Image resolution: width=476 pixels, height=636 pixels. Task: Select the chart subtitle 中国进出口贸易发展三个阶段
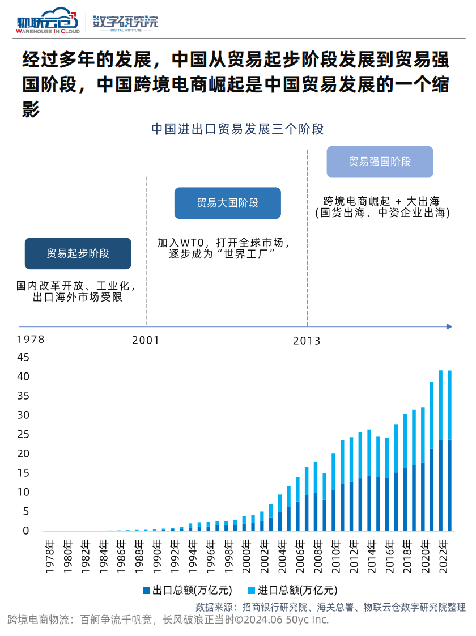237,129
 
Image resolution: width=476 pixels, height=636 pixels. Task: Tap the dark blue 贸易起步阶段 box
78,253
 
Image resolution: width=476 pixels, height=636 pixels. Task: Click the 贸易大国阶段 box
228,203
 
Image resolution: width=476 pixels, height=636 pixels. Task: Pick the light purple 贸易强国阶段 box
380,162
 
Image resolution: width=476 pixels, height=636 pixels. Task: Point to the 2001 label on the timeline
146,341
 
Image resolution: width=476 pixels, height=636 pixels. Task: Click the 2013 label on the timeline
307,341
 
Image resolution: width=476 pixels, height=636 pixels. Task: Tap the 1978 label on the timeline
31,340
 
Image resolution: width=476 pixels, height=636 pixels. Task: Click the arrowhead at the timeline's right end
449,327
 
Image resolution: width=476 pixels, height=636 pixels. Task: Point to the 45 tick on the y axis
23,357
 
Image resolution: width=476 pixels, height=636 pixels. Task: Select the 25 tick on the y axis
23,434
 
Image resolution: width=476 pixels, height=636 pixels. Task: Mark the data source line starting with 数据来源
330,607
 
